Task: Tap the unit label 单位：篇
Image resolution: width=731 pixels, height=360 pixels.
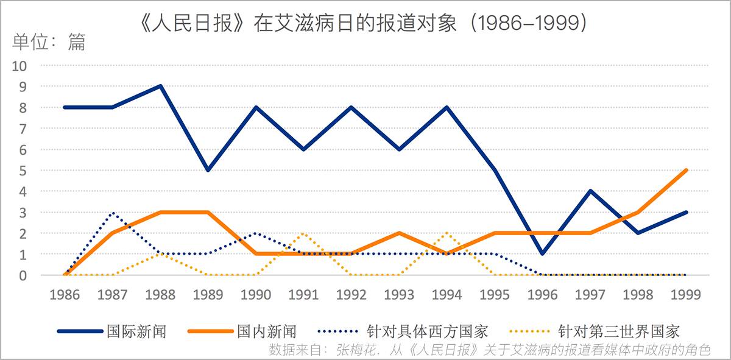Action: pyautogui.click(x=49, y=42)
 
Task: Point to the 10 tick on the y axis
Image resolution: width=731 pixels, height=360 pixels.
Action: pyautogui.click(x=21, y=66)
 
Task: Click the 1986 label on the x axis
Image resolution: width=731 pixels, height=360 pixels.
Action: pyautogui.click(x=64, y=295)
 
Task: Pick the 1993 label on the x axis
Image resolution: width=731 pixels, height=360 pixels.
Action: pyautogui.click(x=399, y=295)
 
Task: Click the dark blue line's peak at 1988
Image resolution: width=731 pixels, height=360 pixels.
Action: pyautogui.click(x=160, y=86)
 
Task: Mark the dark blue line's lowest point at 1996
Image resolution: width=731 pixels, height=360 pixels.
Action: pyautogui.click(x=542, y=254)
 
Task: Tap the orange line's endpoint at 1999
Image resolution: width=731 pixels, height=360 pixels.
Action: pyautogui.click(x=687, y=170)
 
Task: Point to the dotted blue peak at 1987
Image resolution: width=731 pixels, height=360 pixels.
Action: pyautogui.click(x=113, y=213)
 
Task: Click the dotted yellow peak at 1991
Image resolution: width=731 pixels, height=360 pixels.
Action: pyautogui.click(x=303, y=233)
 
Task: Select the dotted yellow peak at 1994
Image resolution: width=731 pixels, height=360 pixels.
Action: pyautogui.click(x=447, y=233)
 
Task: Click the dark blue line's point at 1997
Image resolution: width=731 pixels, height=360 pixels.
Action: pyautogui.click(x=590, y=191)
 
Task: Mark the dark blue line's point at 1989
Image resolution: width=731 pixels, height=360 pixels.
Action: pyautogui.click(x=208, y=170)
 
